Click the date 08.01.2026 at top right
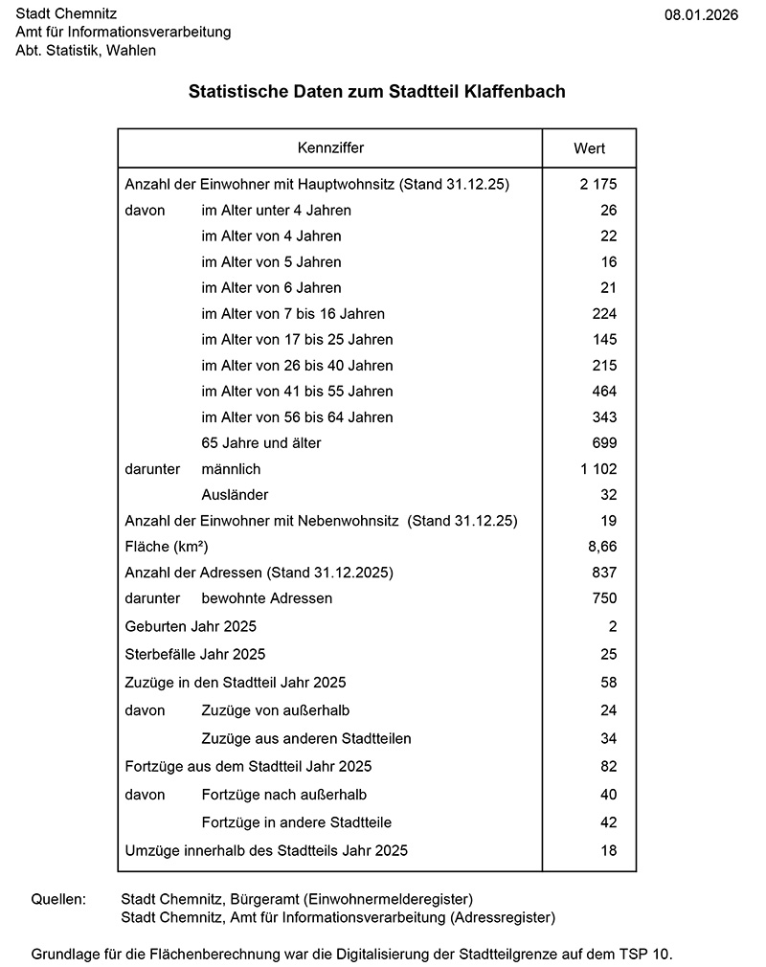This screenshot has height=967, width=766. click(701, 14)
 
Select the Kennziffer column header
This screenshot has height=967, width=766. click(330, 148)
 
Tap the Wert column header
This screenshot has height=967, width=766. click(589, 148)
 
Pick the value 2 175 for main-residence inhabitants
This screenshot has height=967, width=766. click(598, 184)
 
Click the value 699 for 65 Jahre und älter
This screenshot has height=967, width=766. click(604, 443)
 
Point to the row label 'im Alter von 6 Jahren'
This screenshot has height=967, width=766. click(271, 287)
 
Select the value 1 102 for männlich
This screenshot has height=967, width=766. click(598, 469)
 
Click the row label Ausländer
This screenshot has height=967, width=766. click(235, 495)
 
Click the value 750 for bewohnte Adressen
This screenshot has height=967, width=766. click(604, 598)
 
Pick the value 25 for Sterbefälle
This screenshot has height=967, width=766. click(609, 654)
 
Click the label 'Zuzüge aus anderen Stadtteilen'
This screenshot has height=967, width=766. click(306, 738)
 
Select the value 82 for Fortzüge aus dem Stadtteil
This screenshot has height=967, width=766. click(609, 766)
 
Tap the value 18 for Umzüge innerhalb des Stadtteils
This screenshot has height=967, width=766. click(609, 850)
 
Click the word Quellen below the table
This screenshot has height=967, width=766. click(58, 900)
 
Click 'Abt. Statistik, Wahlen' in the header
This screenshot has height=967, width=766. click(85, 50)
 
